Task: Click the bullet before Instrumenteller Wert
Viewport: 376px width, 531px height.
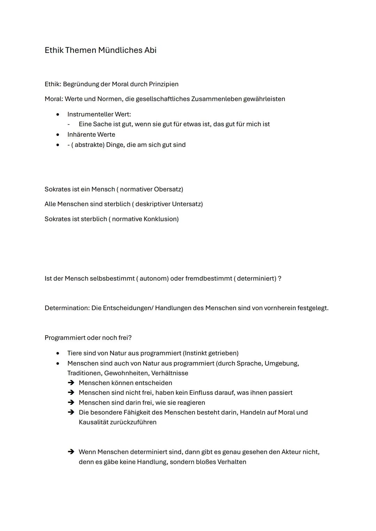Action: pyautogui.click(x=58, y=114)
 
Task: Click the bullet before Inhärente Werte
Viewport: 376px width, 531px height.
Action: pyautogui.click(x=58, y=135)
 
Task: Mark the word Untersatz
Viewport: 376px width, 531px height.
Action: pyautogui.click(x=187, y=204)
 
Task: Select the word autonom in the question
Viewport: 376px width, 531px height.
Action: pyautogui.click(x=154, y=279)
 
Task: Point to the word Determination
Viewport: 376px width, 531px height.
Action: pyautogui.click(x=67, y=308)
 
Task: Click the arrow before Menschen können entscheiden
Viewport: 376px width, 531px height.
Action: pyautogui.click(x=71, y=383)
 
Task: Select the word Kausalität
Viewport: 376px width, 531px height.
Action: pyautogui.click(x=93, y=422)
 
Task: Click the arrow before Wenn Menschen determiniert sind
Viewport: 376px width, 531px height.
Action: pyautogui.click(x=71, y=452)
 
